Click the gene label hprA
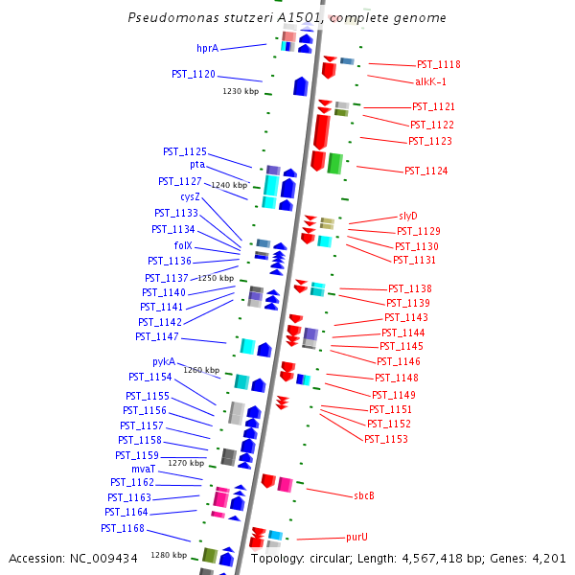(207, 48)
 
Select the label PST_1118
(438, 65)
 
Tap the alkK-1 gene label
(430, 82)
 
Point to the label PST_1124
(425, 171)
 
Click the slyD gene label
(408, 216)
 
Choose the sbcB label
(363, 495)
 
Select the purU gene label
(356, 538)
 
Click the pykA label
(164, 361)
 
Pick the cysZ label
(190, 196)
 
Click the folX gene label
(183, 245)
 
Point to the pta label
(196, 165)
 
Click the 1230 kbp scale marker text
(241, 92)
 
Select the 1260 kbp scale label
(201, 370)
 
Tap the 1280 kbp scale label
(169, 555)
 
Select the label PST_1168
(123, 528)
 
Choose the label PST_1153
(386, 439)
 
